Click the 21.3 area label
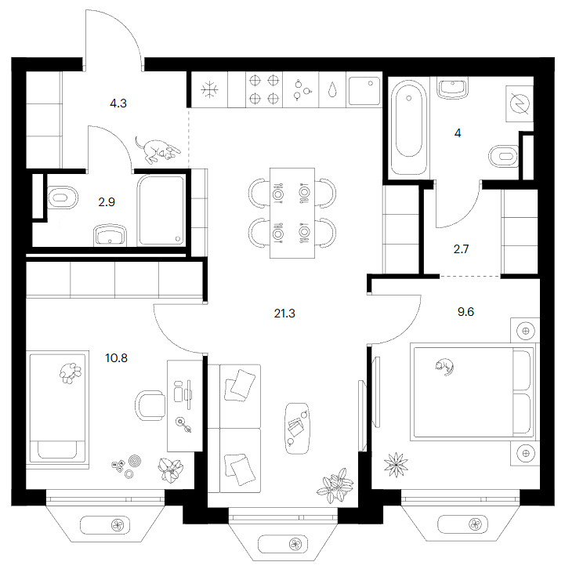tap(284, 314)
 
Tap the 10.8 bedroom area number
tap(116, 358)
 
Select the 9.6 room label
tap(465, 312)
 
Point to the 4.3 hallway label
tap(118, 103)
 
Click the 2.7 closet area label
tap(461, 249)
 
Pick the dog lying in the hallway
tap(158, 150)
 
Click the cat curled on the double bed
tap(444, 367)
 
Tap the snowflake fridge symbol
tap(209, 90)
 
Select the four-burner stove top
tap(264, 89)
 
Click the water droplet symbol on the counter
tap(332, 89)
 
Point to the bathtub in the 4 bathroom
tap(408, 127)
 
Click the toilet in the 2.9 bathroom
tap(63, 198)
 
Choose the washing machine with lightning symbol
tap(519, 103)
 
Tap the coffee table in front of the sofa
tap(297, 429)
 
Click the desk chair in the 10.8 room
tap(150, 405)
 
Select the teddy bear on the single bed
tap(71, 373)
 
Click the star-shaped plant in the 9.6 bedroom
tap(396, 465)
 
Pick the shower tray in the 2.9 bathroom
tap(161, 210)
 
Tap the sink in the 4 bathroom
tap(452, 88)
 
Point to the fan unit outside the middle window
tap(295, 544)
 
